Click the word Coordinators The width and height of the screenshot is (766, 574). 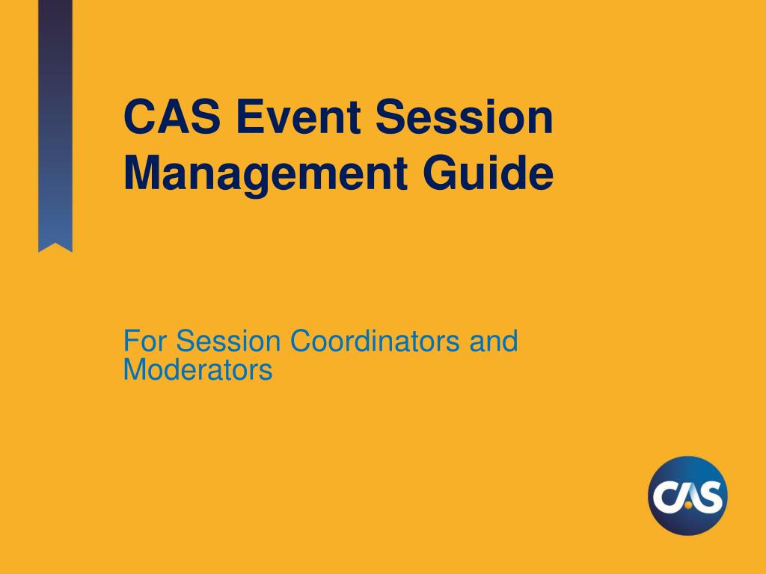(x=376, y=342)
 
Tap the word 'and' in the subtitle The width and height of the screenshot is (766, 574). (x=493, y=342)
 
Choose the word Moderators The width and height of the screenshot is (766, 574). (x=197, y=369)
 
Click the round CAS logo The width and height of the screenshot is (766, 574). (x=687, y=496)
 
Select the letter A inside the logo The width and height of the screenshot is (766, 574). (x=687, y=495)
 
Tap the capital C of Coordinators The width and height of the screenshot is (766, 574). (x=301, y=342)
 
